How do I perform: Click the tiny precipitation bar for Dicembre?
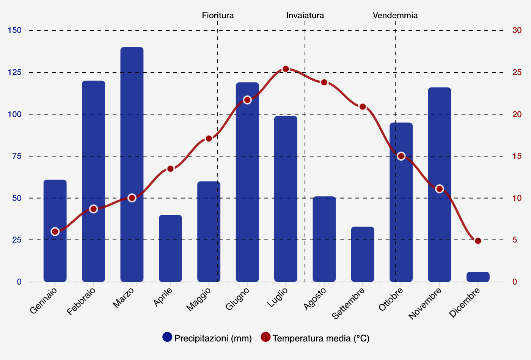tap(478, 277)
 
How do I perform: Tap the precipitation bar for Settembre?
tap(363, 254)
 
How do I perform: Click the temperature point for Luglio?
tap(286, 69)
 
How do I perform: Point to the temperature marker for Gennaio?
tap(55, 232)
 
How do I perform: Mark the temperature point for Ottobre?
tap(401, 156)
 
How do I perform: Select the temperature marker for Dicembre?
tap(478, 241)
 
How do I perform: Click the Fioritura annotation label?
tap(218, 16)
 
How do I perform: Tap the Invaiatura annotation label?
tap(305, 16)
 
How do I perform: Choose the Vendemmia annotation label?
tap(395, 16)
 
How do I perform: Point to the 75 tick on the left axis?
tap(17, 156)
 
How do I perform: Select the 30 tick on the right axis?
tap(517, 30)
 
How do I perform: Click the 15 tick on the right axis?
tap(517, 156)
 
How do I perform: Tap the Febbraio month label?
tap(81, 301)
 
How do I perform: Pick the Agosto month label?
tap(315, 299)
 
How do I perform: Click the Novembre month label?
tap(425, 303)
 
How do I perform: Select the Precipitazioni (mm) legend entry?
tap(207, 338)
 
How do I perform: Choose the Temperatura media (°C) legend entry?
tap(315, 338)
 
